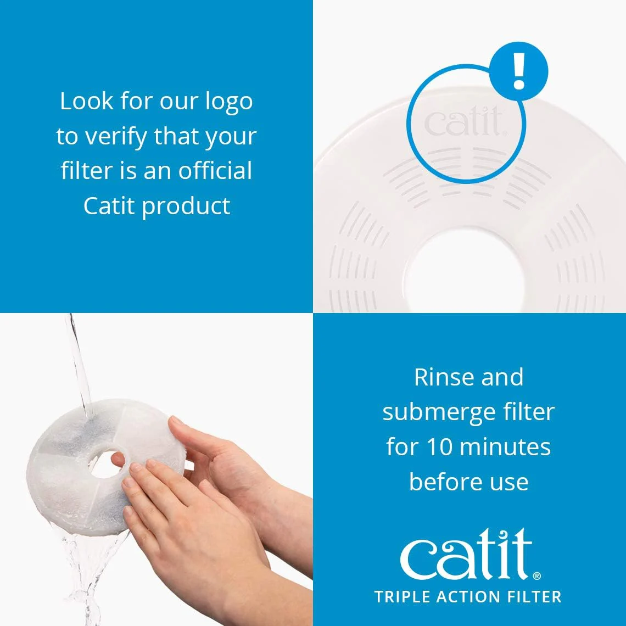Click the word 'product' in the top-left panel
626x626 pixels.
click(x=186, y=207)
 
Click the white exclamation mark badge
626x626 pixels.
click(x=518, y=71)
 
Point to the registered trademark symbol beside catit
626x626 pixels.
click(x=536, y=576)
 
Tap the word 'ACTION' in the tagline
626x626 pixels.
click(x=466, y=597)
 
